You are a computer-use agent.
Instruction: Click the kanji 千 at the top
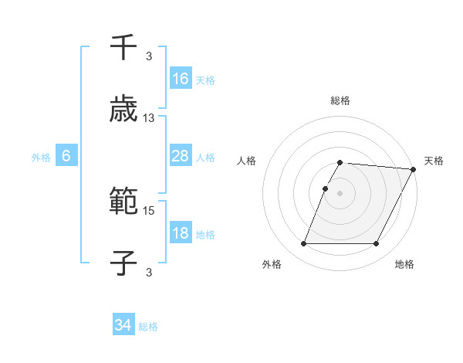pos(123,48)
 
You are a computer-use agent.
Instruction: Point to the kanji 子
pos(123,263)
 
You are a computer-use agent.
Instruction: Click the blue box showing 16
pos(181,78)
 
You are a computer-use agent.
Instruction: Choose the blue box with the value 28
pos(181,156)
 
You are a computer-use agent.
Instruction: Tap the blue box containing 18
pos(181,233)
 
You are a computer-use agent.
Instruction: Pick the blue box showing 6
pos(66,156)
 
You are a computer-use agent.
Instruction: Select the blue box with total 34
pos(123,325)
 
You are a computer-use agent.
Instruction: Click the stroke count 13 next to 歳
pos(149,118)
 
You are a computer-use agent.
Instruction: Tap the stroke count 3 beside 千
pos(149,56)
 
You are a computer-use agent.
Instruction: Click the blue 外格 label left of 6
pos(41,157)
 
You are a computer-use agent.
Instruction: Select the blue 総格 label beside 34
pos(148,326)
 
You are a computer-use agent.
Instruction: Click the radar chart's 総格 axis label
pos(340,100)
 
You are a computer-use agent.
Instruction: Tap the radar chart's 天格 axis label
pos(434,161)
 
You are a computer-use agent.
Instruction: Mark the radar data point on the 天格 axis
pos(413,169)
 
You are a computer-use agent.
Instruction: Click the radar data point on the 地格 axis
pos(376,244)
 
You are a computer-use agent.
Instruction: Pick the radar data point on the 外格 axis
pos(303,244)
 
